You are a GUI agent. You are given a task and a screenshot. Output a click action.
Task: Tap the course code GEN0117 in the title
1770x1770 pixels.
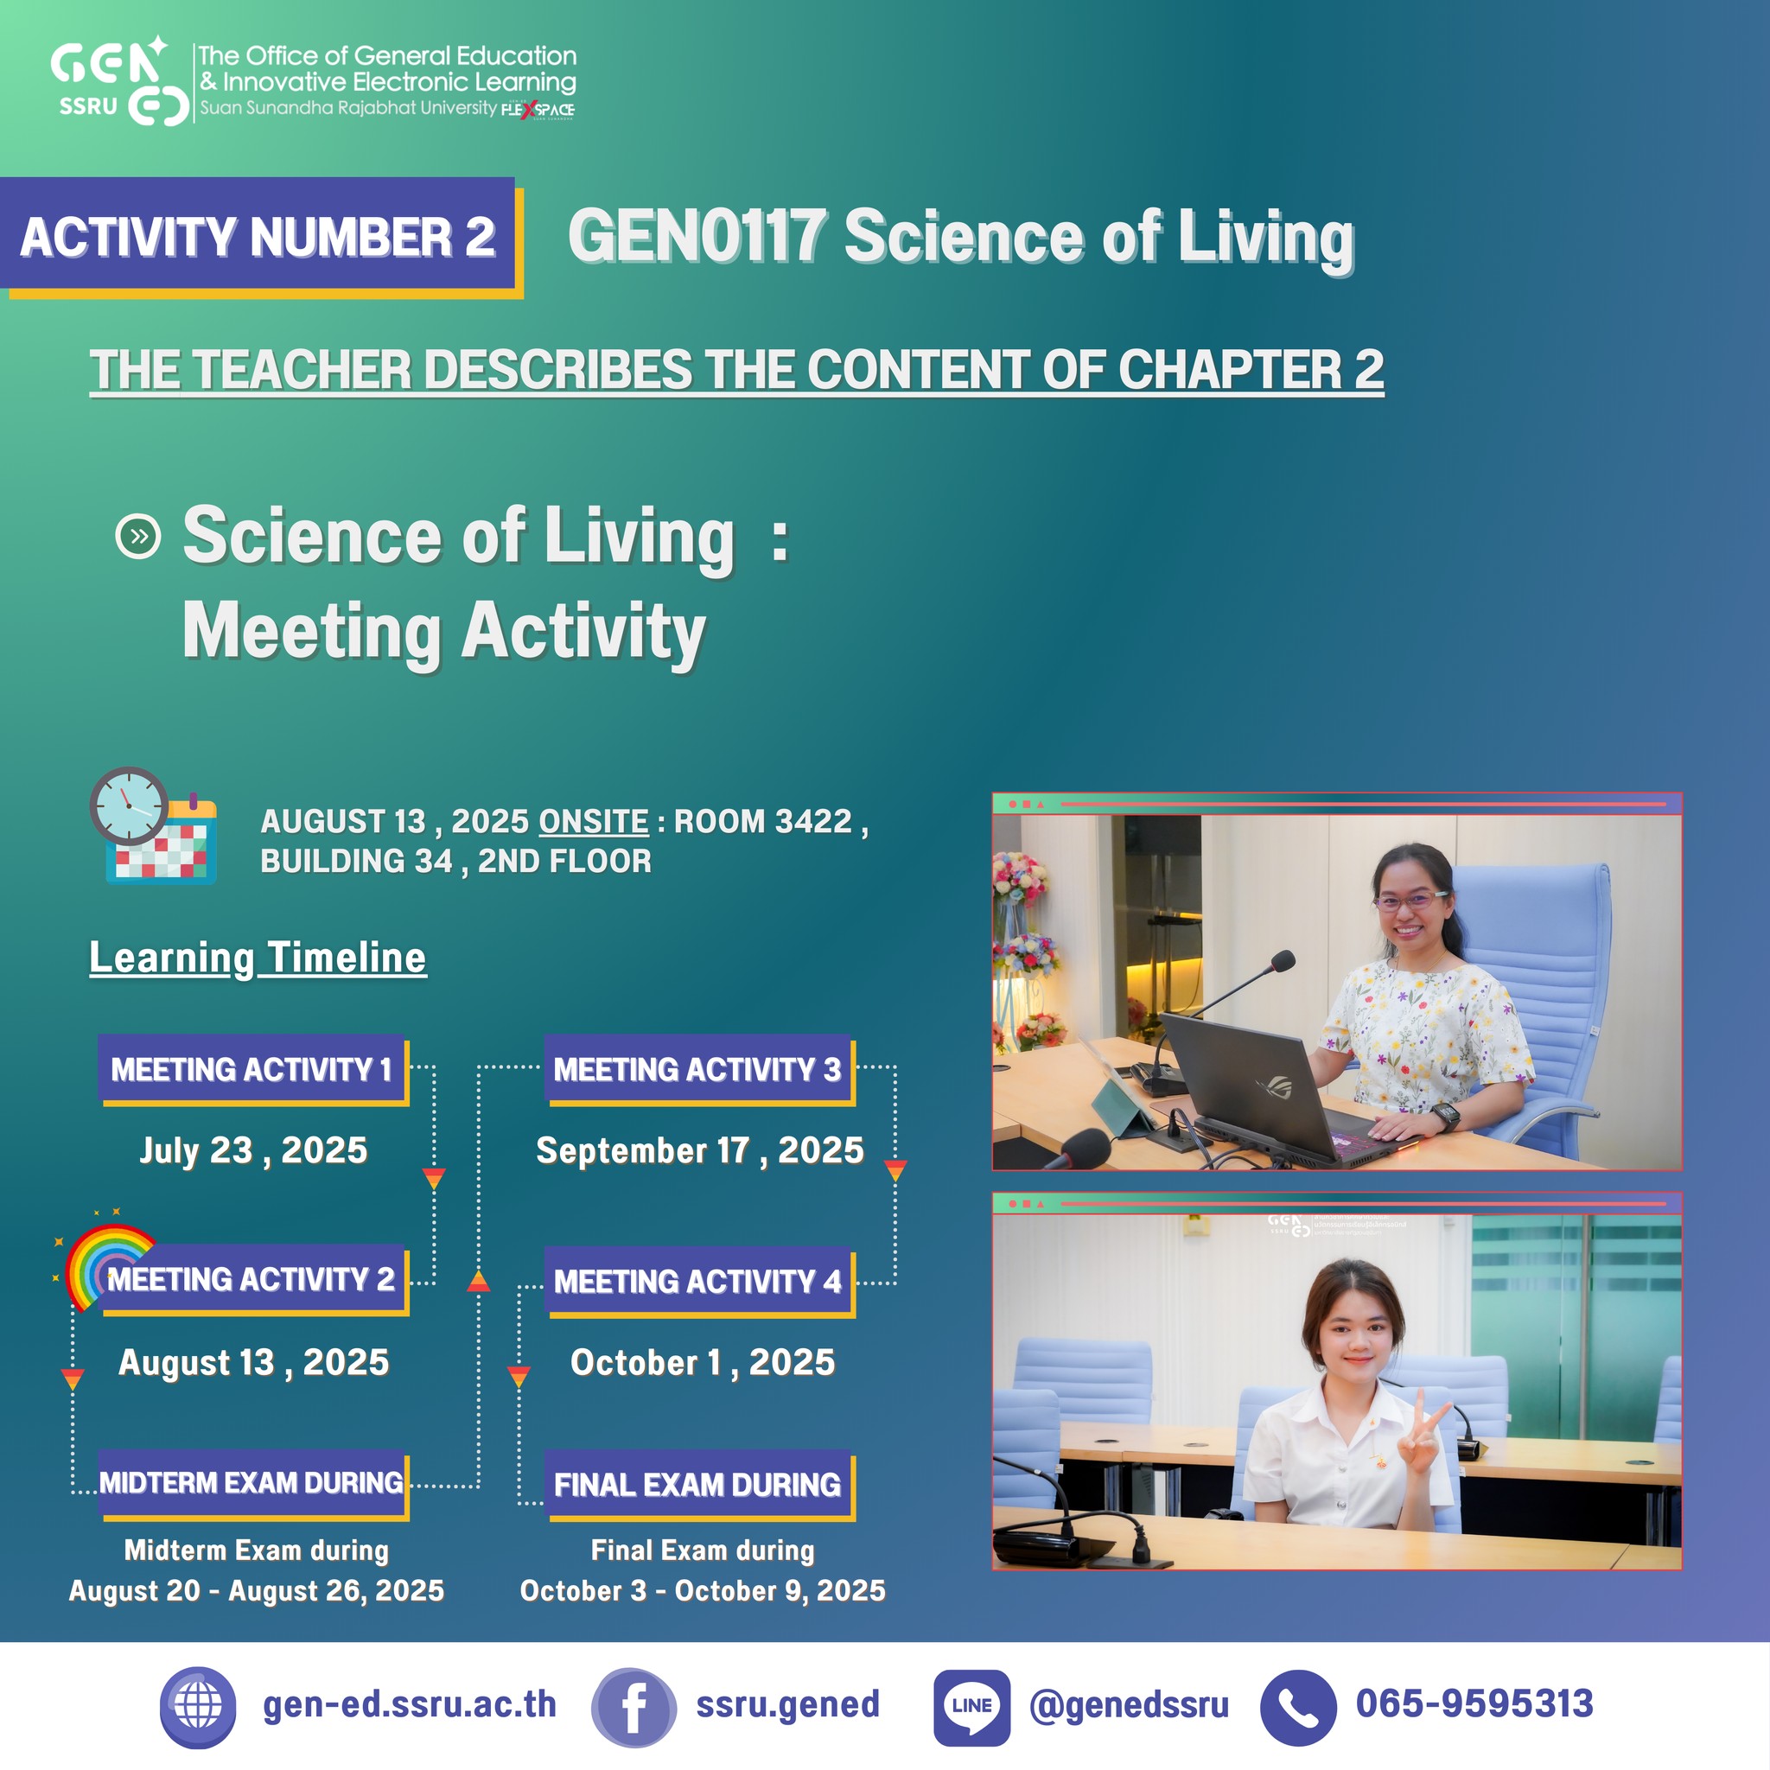(697, 236)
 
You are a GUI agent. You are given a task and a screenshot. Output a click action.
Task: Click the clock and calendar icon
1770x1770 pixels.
(153, 825)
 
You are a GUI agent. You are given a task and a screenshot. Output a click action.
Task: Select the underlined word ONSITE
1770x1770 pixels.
(594, 821)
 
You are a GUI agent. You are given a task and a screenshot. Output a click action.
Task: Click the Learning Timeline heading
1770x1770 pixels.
(258, 958)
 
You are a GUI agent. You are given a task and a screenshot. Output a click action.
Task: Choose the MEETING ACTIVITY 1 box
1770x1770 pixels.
(253, 1070)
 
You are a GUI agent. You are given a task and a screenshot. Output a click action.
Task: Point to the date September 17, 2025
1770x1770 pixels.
(700, 1150)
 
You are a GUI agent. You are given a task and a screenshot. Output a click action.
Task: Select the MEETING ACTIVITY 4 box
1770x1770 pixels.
(700, 1282)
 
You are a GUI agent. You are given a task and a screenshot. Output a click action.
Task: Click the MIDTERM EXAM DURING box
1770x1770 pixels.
(253, 1484)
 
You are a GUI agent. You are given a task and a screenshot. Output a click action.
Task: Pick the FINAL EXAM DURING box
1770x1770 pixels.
(700, 1485)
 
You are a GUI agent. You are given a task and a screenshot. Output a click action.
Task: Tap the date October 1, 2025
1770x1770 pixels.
(703, 1363)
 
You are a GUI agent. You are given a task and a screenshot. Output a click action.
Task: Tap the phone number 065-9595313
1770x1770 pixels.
(1474, 1703)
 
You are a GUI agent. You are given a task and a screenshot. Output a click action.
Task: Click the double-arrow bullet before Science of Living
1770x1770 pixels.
(138, 537)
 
